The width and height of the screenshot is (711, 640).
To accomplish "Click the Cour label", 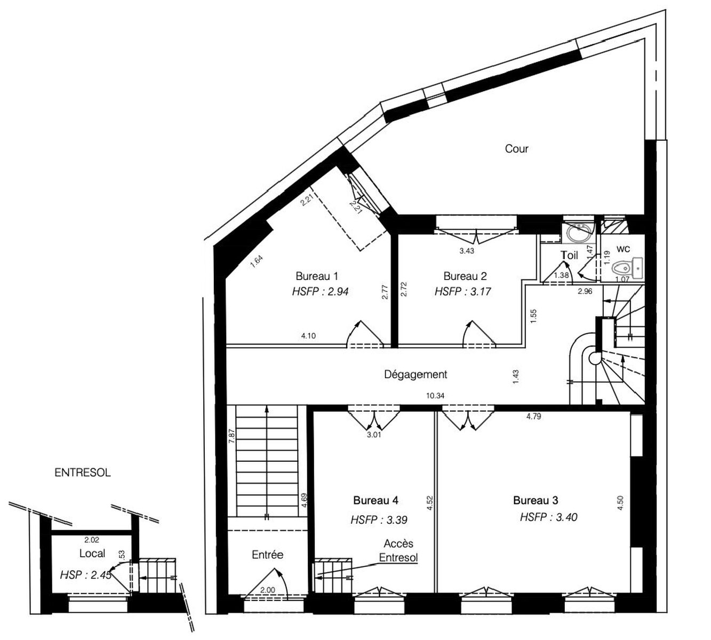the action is (x=516, y=149).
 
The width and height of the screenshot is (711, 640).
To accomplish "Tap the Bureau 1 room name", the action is (x=317, y=276).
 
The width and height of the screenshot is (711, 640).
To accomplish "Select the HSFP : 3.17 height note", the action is (x=463, y=291).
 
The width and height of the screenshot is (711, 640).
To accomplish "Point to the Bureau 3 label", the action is (x=536, y=500).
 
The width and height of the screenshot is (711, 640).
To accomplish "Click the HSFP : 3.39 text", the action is (x=379, y=520).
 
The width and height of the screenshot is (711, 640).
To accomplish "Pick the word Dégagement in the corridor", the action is (x=416, y=374).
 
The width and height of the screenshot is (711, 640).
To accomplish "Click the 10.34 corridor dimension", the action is (x=435, y=396).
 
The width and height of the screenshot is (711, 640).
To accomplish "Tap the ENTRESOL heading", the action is (x=83, y=473).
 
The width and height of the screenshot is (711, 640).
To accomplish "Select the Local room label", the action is (x=92, y=554).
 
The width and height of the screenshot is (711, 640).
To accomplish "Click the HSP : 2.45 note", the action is (x=86, y=575).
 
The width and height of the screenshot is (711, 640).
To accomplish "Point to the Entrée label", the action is (x=268, y=555).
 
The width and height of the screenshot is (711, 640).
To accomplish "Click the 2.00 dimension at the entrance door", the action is (x=268, y=590).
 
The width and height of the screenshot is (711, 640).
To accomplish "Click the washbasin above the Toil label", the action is (x=578, y=233).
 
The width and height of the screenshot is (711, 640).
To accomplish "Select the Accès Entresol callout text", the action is (x=398, y=550).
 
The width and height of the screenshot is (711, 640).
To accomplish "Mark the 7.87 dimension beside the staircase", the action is (x=232, y=436).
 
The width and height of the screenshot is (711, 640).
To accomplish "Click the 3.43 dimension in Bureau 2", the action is (x=467, y=251).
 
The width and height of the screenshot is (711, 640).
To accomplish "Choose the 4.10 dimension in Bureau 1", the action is (x=308, y=336).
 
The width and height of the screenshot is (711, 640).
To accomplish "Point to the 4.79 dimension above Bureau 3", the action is (x=533, y=416).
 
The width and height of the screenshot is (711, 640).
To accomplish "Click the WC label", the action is (x=623, y=249).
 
